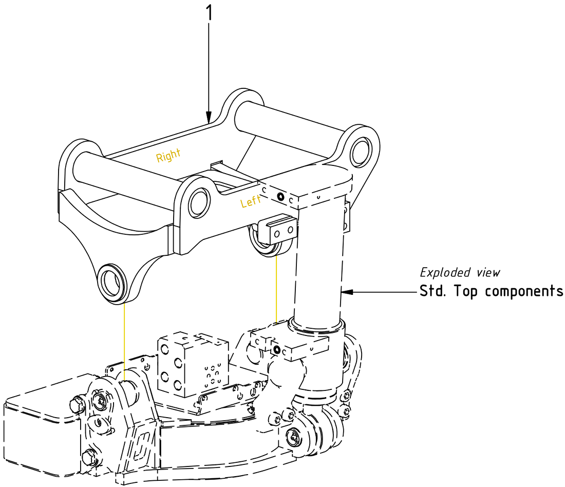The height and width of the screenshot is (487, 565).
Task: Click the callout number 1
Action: pyautogui.click(x=209, y=13)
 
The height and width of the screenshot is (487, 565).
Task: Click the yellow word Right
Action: pyautogui.click(x=168, y=156)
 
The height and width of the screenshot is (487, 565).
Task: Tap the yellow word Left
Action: pyautogui.click(x=251, y=202)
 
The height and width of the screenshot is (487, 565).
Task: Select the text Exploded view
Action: pyautogui.click(x=460, y=272)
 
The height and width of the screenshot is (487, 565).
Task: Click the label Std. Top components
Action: pyautogui.click(x=491, y=291)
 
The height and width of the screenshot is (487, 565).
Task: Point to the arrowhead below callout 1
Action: pyautogui.click(x=209, y=117)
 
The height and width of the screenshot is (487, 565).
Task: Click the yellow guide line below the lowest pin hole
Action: pyautogui.click(x=125, y=339)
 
